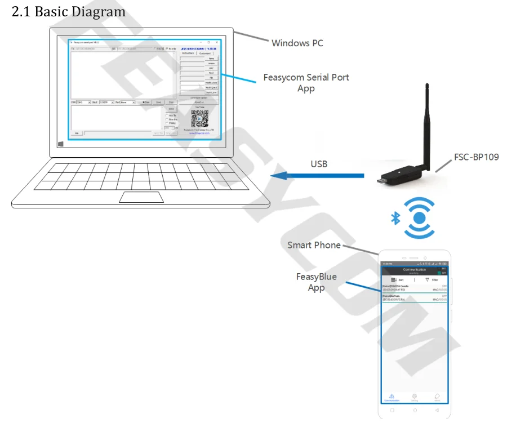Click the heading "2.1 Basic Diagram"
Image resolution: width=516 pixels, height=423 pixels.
tap(68, 11)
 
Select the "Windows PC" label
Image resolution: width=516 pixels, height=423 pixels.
tap(297, 43)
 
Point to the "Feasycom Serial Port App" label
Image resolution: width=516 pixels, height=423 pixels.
tap(306, 83)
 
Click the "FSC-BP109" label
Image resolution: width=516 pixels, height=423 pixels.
tap(477, 157)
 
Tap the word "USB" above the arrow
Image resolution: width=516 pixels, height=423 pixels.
tap(319, 164)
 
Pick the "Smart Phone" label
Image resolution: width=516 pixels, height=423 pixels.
tap(314, 245)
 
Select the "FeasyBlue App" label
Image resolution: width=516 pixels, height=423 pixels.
tap(316, 282)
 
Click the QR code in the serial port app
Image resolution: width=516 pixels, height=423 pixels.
tap(199, 118)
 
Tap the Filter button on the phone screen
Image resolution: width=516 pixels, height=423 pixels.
tap(432, 279)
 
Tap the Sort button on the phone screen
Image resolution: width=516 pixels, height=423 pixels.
tap(398, 279)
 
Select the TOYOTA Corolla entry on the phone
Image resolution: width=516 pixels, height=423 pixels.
tap(414, 288)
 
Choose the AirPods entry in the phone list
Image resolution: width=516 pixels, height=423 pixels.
tap(414, 297)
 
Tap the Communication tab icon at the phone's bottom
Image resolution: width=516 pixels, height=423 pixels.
tap(392, 397)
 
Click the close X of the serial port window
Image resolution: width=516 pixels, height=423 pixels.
tap(217, 42)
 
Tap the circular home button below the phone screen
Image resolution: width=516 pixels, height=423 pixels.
tap(414, 409)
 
